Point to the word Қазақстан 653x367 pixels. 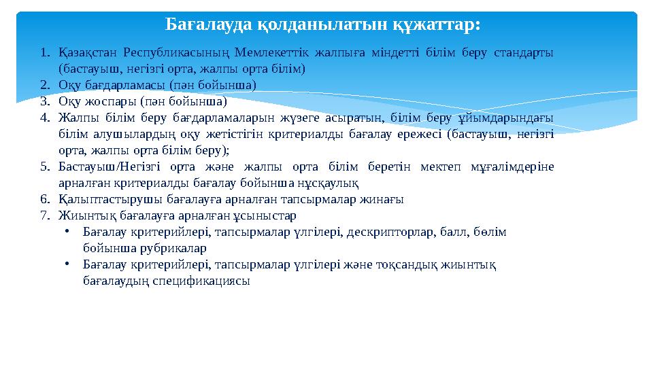pyautogui.click(x=86, y=52)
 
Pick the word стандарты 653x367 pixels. pyautogui.click(x=524, y=52)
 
